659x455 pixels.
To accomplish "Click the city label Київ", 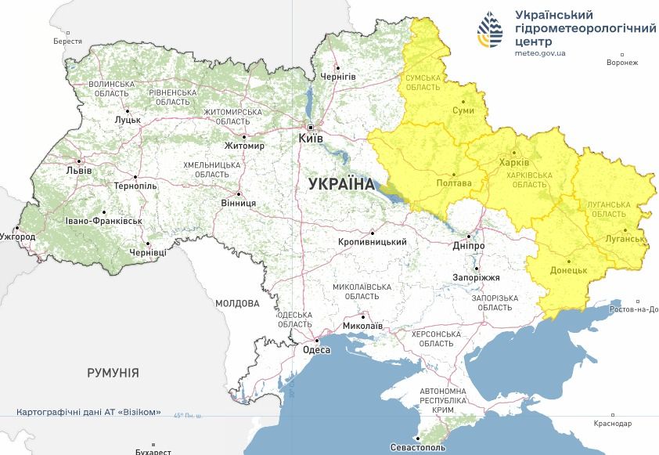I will (310, 139).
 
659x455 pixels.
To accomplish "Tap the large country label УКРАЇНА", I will (341, 184).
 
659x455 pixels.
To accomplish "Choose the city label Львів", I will (79, 171).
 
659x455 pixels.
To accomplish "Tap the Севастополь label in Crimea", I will (417, 447).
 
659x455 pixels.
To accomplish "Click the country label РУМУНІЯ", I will (113, 373).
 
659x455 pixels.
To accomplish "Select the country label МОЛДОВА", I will (237, 303).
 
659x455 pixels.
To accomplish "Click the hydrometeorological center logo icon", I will (492, 31).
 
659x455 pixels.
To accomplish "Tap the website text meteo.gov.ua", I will (540, 53).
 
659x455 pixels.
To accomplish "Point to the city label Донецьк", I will (569, 270).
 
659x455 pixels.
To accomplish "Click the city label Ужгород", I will (17, 236).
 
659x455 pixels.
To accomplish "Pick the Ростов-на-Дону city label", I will (633, 309).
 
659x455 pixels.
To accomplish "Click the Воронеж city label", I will (623, 63).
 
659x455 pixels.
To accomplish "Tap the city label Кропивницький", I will (372, 242).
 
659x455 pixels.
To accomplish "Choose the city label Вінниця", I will (239, 203).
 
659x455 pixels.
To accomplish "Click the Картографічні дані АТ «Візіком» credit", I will (88, 412).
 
